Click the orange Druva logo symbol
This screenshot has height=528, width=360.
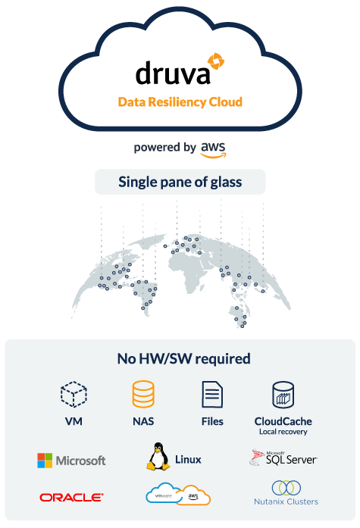coord(216,61)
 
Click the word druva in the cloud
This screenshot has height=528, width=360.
coord(173,73)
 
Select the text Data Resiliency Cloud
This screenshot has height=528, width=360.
coord(180,102)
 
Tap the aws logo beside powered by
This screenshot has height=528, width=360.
coord(214,149)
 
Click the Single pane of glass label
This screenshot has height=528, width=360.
coord(180,182)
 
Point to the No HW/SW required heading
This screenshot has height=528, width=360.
coord(184,358)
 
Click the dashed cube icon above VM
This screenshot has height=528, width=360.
coord(74,394)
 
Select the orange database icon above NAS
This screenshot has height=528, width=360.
coord(143,394)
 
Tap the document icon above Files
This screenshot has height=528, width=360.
coord(212,395)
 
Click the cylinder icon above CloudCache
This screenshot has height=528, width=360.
coord(283,395)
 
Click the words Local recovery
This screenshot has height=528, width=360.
coord(283,432)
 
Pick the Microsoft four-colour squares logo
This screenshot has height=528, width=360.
coord(45,461)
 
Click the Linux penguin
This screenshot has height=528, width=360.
coord(158,457)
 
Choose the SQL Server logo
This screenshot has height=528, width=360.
coord(283,458)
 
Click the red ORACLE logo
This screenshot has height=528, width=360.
coord(71,498)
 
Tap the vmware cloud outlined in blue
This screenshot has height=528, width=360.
coord(163,494)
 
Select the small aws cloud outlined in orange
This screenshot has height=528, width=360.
coord(194,495)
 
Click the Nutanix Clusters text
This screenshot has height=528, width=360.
coord(286,501)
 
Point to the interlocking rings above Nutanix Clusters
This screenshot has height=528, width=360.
coord(286,488)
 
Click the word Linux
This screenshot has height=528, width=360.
coord(188,460)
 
